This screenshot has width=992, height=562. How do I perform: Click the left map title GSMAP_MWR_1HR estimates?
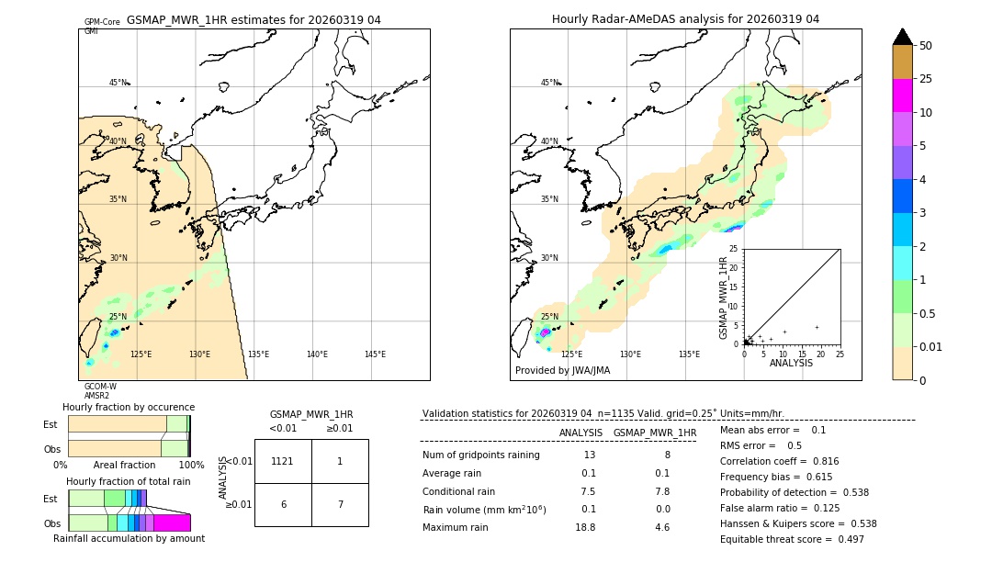coord(254,19)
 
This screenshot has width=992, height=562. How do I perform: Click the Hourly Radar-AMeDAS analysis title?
coord(685,19)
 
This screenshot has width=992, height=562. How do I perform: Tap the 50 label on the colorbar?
coord(926,45)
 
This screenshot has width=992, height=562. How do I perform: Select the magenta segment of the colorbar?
coord(902,96)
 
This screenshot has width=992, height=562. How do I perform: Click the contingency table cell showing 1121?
coord(283,461)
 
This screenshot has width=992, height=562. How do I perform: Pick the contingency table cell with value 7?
coord(340,505)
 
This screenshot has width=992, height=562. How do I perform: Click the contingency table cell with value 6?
coord(283,505)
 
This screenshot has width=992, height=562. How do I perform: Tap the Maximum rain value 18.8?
coord(585,527)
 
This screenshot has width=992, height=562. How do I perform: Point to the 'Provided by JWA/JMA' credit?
coord(562,370)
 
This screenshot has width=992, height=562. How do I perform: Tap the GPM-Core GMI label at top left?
coord(101,26)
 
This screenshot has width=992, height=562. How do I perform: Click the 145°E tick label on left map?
coord(375,354)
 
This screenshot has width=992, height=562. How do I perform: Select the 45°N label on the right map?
coord(549,83)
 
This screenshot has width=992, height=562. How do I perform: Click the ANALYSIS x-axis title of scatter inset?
coord(791,363)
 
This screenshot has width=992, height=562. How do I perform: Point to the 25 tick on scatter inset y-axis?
coord(734,249)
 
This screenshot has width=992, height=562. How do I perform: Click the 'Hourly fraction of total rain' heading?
coord(129,481)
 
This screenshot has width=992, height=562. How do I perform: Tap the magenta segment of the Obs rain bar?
coord(172,523)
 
